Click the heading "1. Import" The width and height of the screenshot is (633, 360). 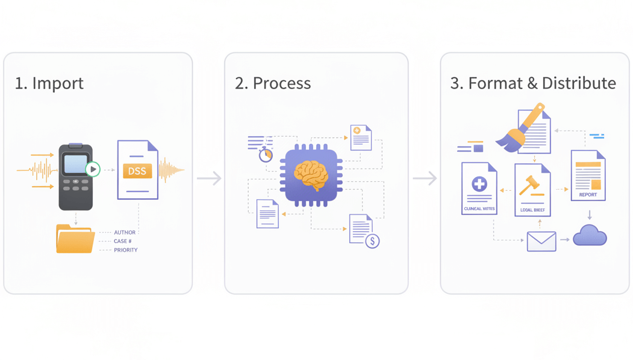click(49, 83)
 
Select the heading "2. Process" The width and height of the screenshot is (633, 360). click(273, 83)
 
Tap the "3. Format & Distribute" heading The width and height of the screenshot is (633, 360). click(533, 83)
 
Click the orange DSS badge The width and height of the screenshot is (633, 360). click(137, 171)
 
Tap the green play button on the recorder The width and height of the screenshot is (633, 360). click(93, 169)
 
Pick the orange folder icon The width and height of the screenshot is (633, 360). click(75, 238)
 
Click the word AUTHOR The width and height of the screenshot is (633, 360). click(125, 232)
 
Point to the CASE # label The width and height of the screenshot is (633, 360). click(123, 241)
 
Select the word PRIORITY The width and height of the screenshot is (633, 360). click(126, 250)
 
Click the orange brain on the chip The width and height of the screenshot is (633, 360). click(311, 175)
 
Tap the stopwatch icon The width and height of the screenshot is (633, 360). click(266, 155)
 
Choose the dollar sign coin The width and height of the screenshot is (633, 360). click(373, 241)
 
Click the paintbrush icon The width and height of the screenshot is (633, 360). click(519, 128)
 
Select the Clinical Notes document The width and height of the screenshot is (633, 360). click(479, 188)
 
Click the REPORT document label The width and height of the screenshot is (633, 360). click(588, 195)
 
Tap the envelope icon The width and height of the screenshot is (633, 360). click(541, 241)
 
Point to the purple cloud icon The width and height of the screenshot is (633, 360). click(590, 235)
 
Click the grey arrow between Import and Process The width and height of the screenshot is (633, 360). click(209, 178)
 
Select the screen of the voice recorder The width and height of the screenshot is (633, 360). click(75, 164)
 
